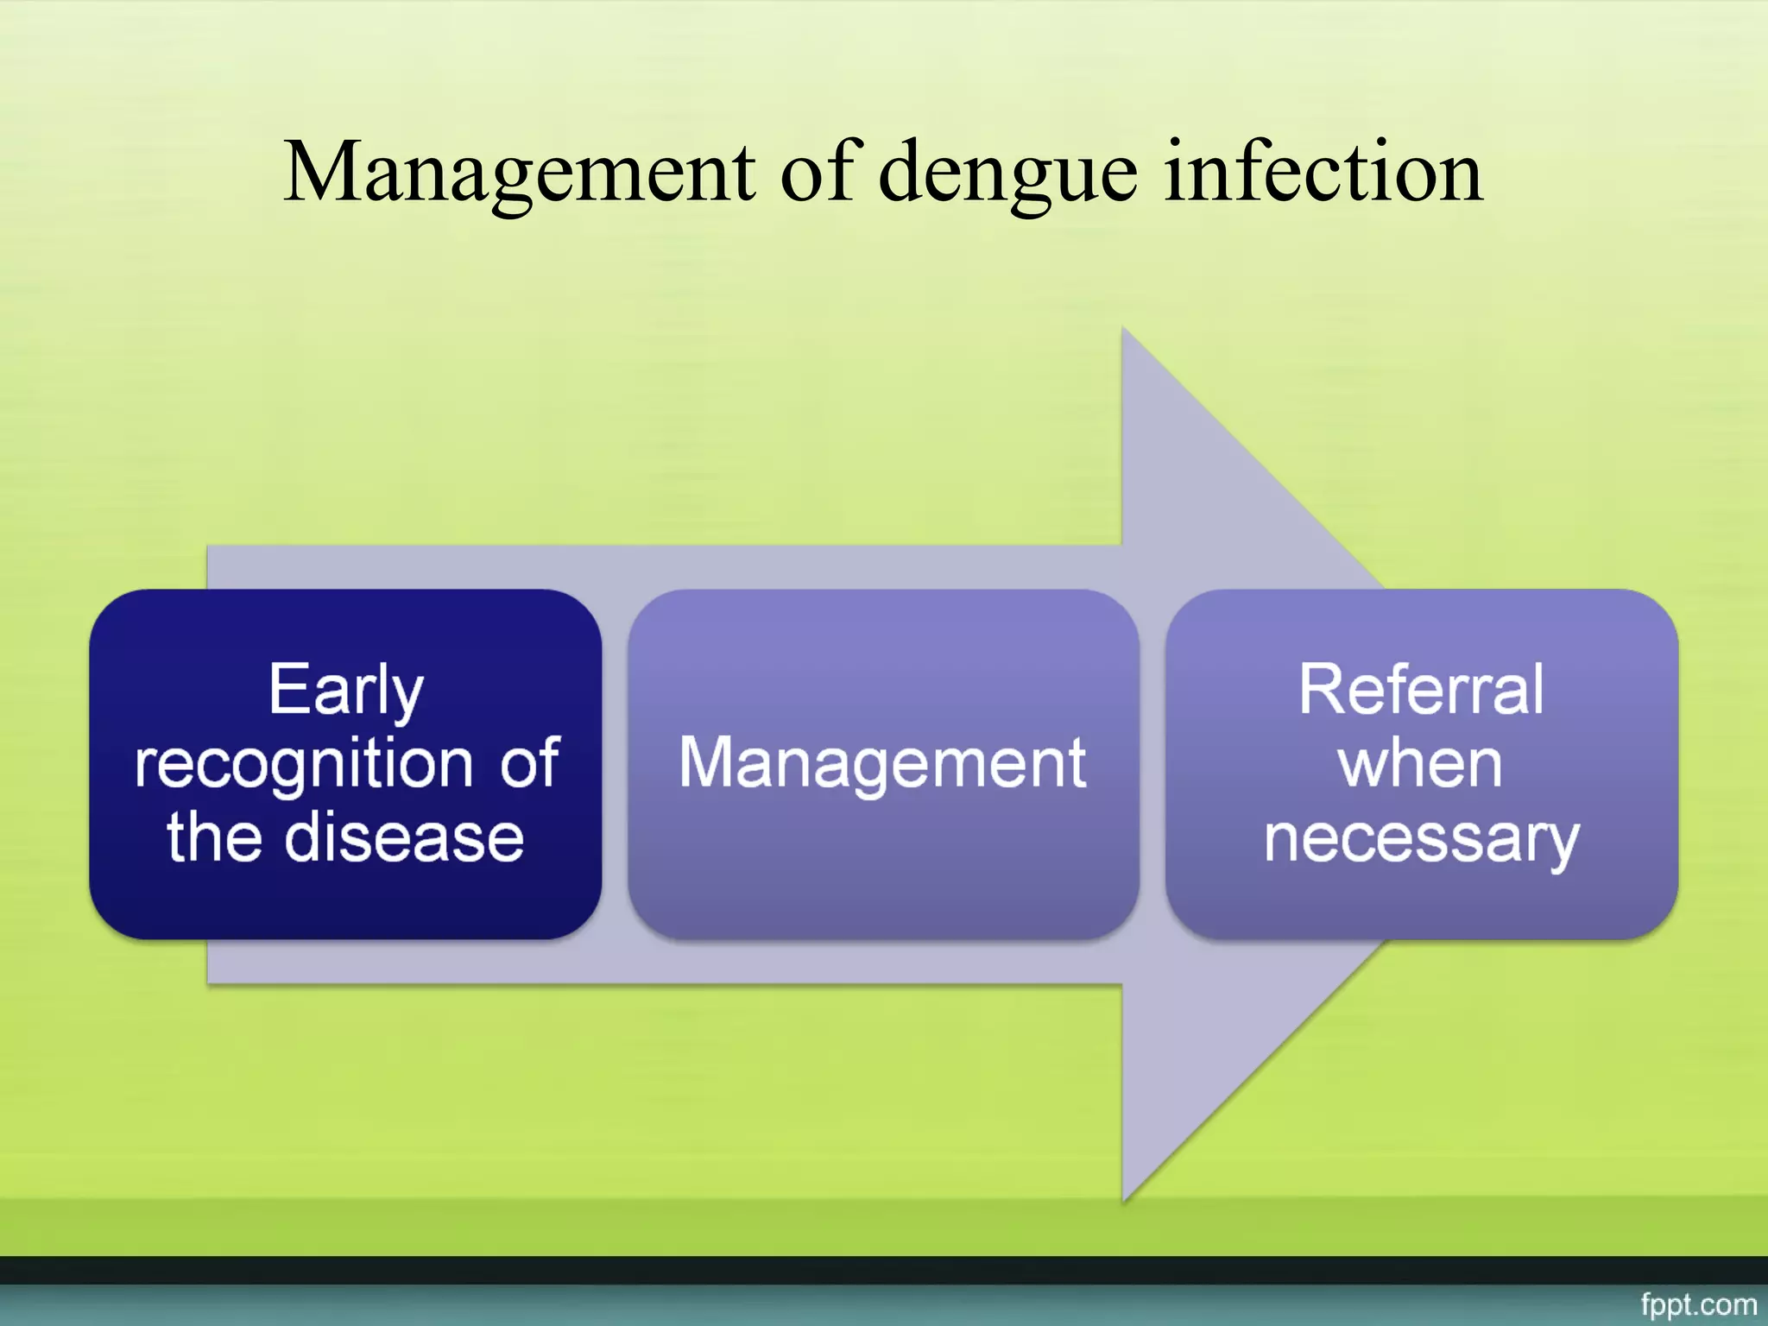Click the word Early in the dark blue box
coord(345,691)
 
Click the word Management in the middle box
coord(882,763)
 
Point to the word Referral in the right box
coord(1421,690)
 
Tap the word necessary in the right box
coord(1421,840)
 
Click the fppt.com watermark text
coord(1698,1304)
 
